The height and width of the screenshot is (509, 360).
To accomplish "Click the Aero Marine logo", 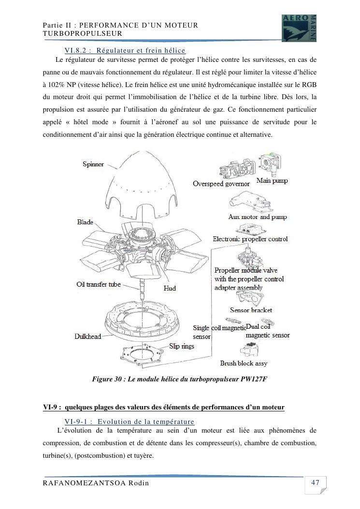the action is coord(299,28).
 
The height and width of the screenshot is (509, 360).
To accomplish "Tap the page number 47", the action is coord(315,482).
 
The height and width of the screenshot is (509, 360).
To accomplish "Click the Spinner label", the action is coord(93,164).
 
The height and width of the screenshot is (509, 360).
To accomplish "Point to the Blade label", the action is coord(85,222).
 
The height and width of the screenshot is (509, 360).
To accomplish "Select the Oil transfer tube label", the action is coord(99,284).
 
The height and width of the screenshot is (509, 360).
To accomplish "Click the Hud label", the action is coord(170,288).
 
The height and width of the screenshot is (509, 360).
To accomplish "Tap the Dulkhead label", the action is coord(87,336).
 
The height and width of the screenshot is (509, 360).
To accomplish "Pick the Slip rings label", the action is coord(182,346).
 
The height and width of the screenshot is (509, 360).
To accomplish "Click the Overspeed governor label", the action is coord(221,184).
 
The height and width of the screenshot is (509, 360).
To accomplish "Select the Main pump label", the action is coord(272,181).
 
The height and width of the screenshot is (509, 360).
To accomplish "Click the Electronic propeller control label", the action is coord(250,239).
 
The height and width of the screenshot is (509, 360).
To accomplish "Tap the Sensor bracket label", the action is coord(251,310).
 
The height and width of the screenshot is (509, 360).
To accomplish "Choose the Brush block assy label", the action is coord(244,363).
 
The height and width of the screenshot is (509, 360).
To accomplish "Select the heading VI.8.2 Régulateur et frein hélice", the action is coord(125,50).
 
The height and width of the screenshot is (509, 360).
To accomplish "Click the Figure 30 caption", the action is coord(179,379).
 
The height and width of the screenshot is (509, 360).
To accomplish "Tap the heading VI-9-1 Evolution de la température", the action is coord(129,422).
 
